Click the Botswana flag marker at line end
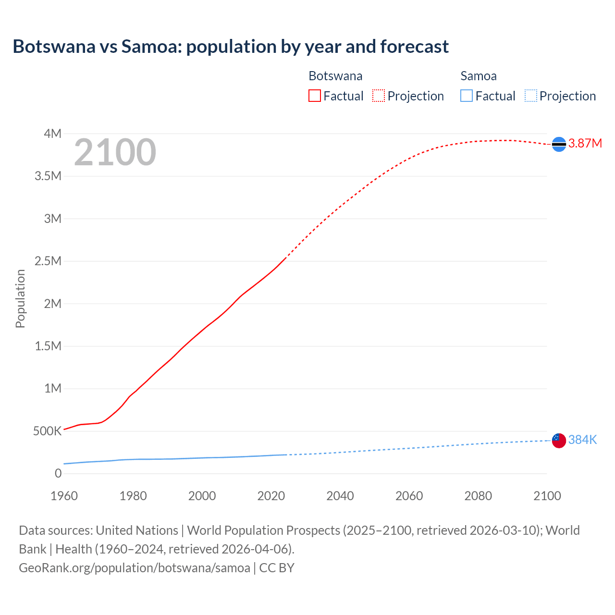click(x=559, y=144)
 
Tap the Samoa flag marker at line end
click(x=559, y=440)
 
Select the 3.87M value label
click(x=585, y=144)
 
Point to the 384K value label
click(x=582, y=440)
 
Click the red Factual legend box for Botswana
click(x=314, y=96)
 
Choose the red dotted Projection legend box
click(x=379, y=96)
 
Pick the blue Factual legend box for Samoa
click(x=467, y=96)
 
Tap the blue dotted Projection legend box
click(x=531, y=96)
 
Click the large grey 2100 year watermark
click(x=115, y=152)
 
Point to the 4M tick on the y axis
click(x=52, y=134)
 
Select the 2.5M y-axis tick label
click(x=48, y=261)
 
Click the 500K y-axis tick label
click(x=47, y=431)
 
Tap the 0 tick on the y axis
click(x=58, y=473)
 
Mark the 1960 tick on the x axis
click(x=64, y=496)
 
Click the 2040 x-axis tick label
click(x=340, y=496)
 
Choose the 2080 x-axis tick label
click(x=478, y=496)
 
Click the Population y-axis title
click(x=20, y=298)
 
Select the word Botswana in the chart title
click(x=54, y=47)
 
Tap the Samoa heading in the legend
click(x=478, y=76)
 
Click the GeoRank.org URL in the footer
click(x=135, y=568)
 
